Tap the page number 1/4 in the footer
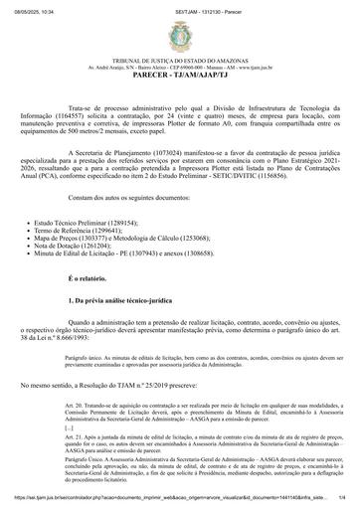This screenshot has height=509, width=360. [342, 503]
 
